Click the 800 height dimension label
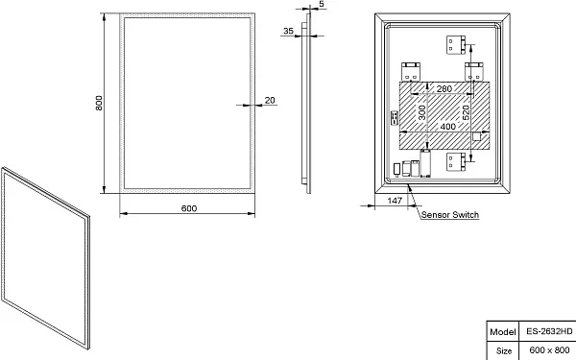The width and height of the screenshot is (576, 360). pos(99,103)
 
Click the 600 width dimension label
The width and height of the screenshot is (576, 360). pos(189,208)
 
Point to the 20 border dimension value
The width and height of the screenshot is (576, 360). pos(270,100)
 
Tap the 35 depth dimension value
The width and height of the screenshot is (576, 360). pos(288,31)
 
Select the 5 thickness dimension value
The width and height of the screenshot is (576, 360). pos(322,4)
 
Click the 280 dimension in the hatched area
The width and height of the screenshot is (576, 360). pos(444,88)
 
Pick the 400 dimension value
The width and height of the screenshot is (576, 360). pos(447,127)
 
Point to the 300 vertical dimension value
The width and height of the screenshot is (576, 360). pos(422,112)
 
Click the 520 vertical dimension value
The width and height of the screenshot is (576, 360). pos(466,112)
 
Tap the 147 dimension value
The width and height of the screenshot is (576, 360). pos(395,201)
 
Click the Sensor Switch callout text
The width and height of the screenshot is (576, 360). pos(450,214)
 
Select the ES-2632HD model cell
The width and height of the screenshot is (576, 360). pos(549,331)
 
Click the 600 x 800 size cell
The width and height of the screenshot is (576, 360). pos(549,349)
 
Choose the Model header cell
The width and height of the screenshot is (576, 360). pos(502,331)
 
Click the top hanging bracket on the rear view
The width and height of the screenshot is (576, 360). pos(456,45)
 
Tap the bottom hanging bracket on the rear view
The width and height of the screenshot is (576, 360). pos(456,162)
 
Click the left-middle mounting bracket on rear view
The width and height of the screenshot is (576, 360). pos(411,71)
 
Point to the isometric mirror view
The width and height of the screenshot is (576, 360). pos(45,258)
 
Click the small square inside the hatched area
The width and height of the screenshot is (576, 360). pos(476,136)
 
